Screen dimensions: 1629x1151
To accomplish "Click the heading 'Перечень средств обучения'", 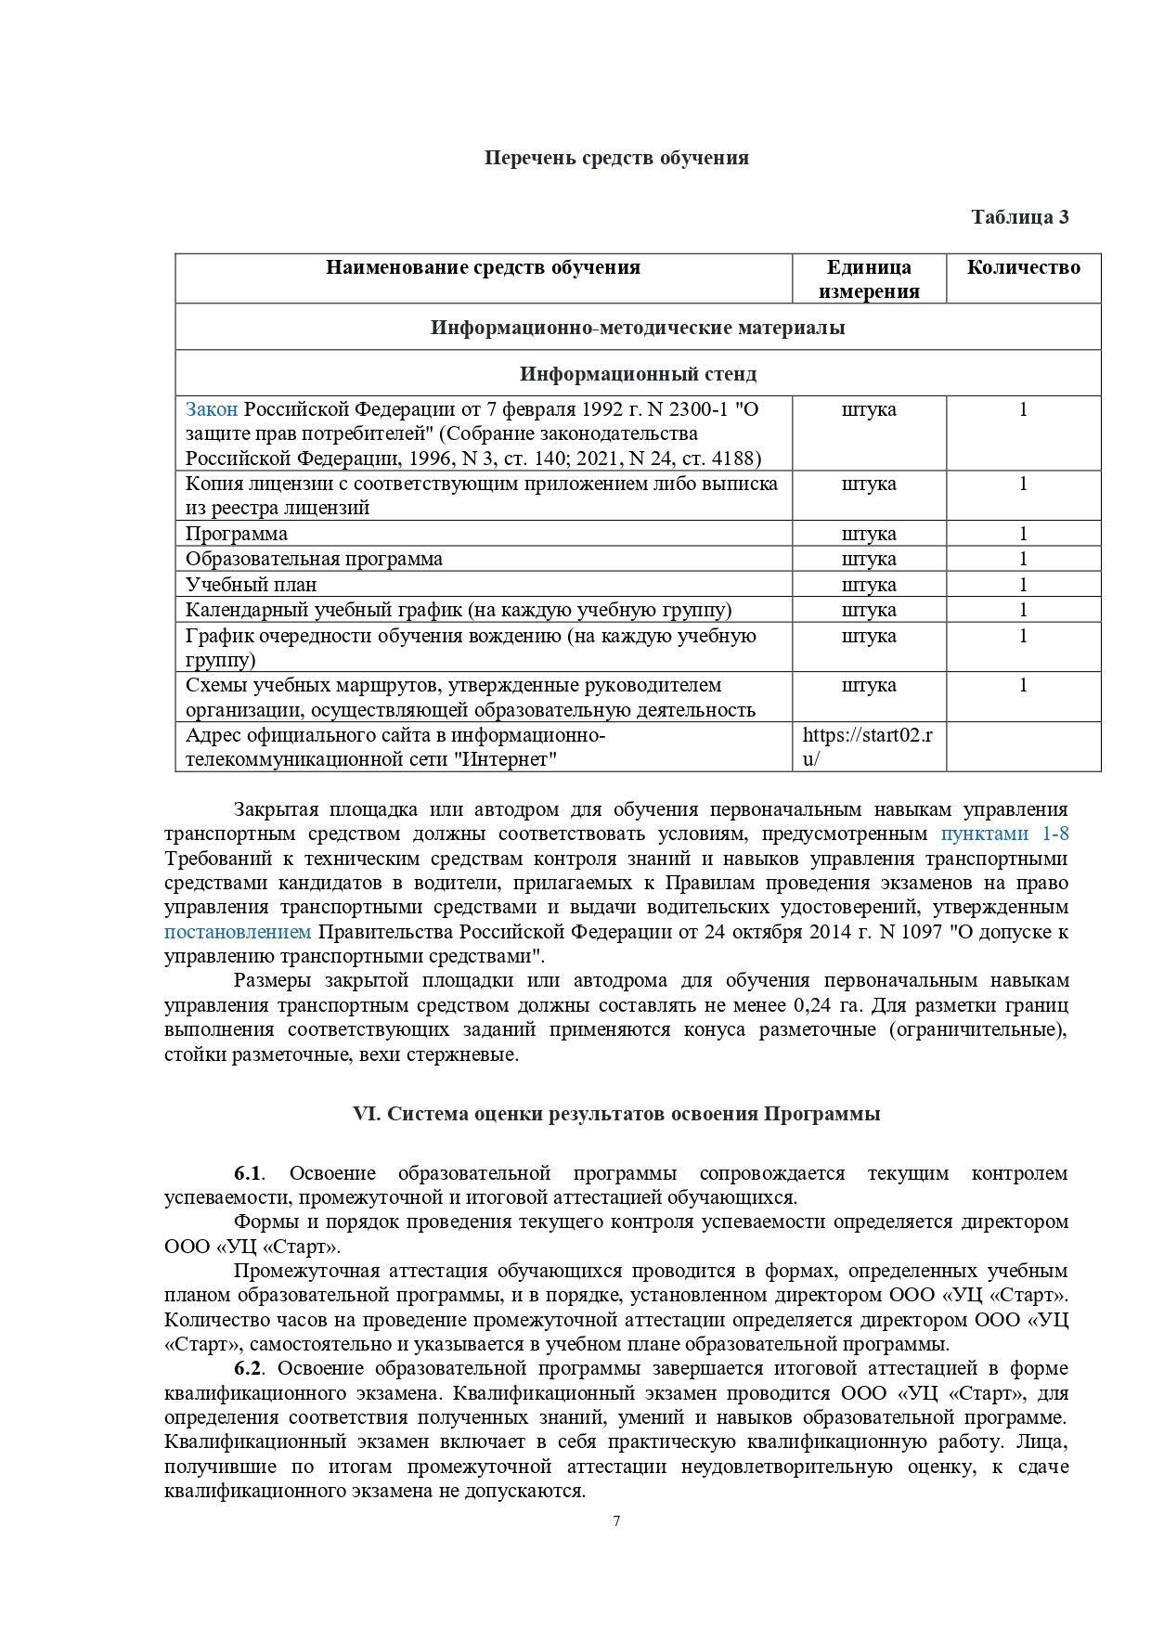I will pos(615,158).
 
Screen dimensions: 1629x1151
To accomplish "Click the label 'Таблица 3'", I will pos(1019,217).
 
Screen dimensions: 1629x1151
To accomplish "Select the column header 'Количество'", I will pos(1023,268).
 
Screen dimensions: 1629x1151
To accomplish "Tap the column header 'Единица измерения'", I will pos(869,279).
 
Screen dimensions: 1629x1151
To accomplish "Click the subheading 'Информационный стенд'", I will pos(638,374).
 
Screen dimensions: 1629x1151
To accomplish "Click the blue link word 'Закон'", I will pos(212,409).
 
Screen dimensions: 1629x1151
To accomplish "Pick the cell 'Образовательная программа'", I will pos(314,559).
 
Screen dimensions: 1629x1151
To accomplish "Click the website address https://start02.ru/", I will pos(867,746).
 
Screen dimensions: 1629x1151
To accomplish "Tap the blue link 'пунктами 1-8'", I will pos(1004,834).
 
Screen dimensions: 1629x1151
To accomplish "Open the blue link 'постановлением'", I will pos(238,931).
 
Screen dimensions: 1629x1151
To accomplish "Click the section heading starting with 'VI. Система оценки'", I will pos(616,1114).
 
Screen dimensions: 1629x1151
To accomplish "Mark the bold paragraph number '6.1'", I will pos(248,1173).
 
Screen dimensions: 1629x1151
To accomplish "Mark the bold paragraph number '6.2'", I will pos(248,1368).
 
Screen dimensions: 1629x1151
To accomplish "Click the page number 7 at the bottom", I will pos(616,1521).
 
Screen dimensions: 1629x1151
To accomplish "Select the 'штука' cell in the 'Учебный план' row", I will pos(869,585).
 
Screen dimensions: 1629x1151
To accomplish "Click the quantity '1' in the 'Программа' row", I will pos(1023,534).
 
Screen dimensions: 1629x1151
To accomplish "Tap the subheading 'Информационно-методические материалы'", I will pos(638,328).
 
